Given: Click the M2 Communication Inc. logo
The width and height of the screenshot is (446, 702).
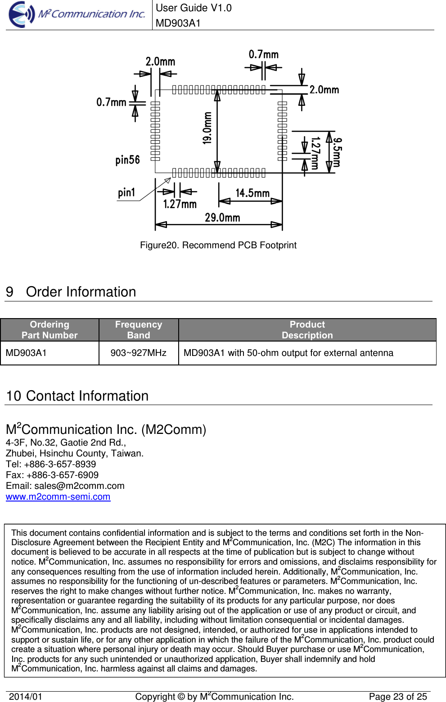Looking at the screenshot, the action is [x=77, y=14].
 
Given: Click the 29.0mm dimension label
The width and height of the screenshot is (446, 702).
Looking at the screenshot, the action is [x=222, y=218].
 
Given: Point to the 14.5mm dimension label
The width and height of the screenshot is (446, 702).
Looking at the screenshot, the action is [x=252, y=193].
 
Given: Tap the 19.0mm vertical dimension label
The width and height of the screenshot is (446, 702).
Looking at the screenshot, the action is [x=207, y=128].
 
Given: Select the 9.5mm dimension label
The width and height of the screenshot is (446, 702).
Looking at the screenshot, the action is [x=337, y=152].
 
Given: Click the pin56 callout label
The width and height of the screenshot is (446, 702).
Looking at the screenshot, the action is [x=127, y=160].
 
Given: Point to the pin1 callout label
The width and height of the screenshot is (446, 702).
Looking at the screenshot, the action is [x=126, y=193].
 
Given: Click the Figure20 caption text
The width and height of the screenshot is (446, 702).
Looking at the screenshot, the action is [x=218, y=245].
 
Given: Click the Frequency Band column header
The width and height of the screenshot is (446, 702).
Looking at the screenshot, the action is [x=139, y=330].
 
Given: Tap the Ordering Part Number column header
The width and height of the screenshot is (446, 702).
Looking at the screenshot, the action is [x=50, y=330].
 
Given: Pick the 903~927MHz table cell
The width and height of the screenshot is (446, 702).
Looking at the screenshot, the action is [x=139, y=353].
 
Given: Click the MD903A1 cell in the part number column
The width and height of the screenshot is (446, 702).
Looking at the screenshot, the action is [x=26, y=353].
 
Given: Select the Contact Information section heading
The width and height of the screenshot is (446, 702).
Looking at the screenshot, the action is [x=77, y=396].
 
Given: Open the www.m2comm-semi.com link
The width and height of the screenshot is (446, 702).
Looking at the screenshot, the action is [x=58, y=497].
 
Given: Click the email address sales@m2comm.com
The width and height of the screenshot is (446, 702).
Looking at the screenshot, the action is [x=79, y=486].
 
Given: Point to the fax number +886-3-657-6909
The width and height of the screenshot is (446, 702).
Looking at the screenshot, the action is [x=62, y=475].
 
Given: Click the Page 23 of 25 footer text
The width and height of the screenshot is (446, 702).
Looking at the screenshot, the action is [x=398, y=697].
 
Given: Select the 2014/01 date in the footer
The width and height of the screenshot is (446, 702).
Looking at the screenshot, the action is [x=26, y=697].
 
